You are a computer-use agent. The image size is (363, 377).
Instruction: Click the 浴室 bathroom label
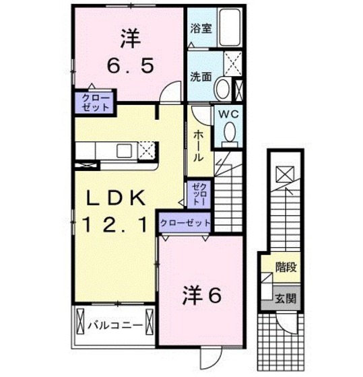[201, 28]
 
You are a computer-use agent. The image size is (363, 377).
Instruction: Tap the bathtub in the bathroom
[230, 27]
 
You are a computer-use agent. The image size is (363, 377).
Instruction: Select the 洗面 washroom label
[201, 77]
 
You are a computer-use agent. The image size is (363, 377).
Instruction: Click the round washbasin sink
[222, 89]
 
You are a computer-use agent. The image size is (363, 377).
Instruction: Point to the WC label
[229, 114]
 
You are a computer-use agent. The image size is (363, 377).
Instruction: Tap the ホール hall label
[199, 145]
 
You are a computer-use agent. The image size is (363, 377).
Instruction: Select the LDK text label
[116, 197]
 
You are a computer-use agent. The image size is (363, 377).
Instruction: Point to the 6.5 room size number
[130, 66]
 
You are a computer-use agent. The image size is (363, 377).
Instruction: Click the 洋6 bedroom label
[201, 296]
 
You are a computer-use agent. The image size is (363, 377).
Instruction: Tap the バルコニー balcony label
[114, 326]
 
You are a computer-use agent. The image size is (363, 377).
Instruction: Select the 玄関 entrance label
[286, 299]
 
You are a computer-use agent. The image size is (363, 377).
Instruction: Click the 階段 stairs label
[286, 267]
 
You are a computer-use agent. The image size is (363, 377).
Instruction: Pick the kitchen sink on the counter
[124, 151]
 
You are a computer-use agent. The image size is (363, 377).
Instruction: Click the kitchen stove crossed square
[147, 150]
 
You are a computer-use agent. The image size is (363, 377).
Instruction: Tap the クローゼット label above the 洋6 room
[185, 223]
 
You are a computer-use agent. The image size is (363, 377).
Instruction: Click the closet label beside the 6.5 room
[96, 102]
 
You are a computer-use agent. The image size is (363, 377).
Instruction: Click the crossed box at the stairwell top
[285, 174]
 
